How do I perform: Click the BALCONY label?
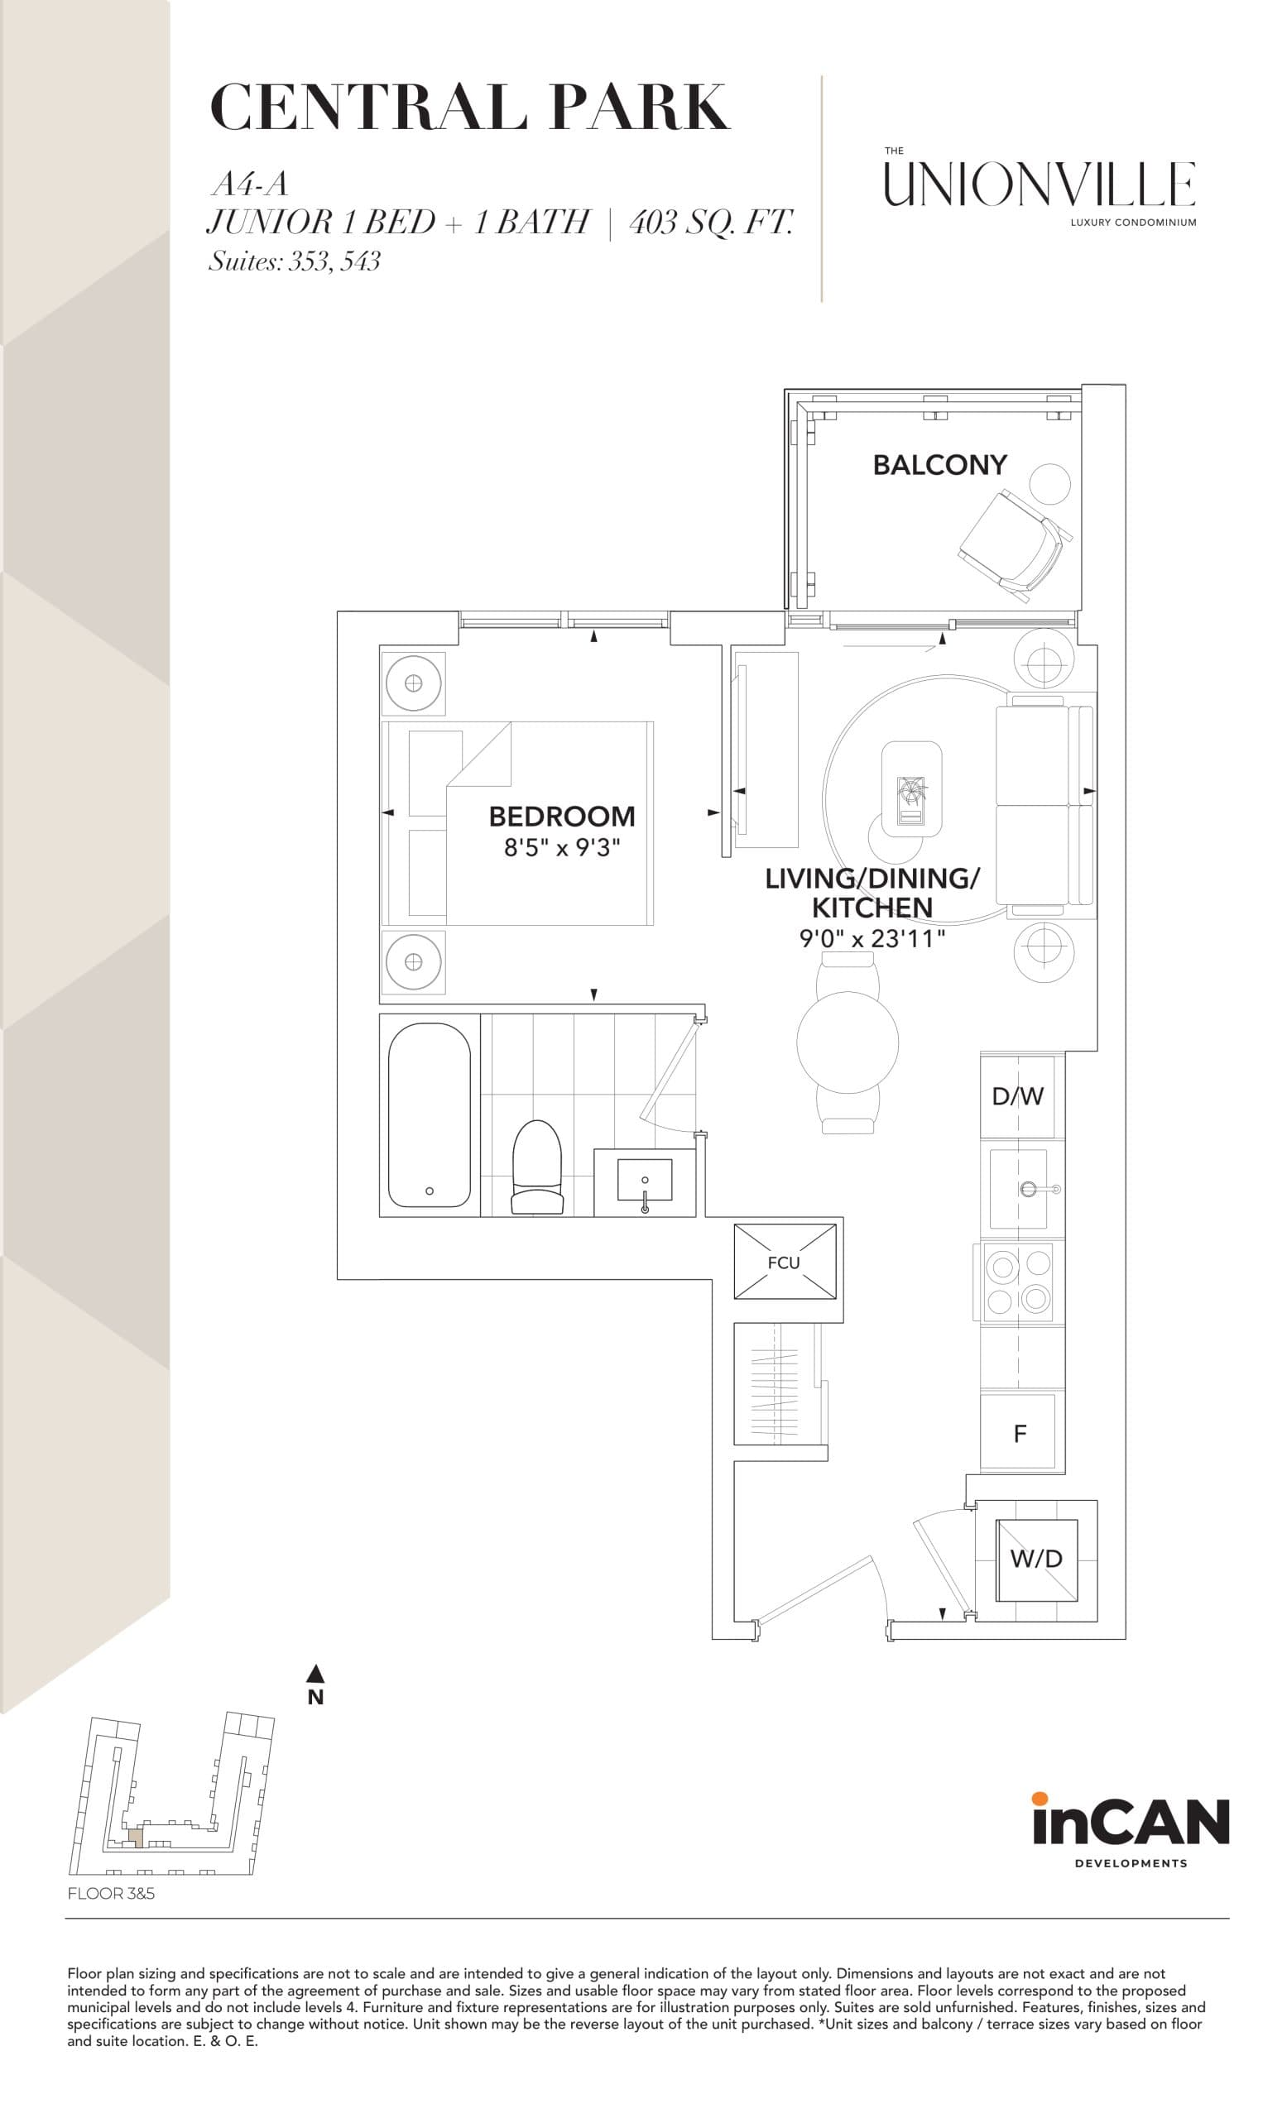pos(939,465)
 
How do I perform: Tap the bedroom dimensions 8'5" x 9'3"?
pos(561,847)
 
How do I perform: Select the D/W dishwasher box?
pos(1018,1096)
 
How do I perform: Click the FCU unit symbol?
pos(784,1261)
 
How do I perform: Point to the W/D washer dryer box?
pos(1036,1559)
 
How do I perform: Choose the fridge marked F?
pos(1020,1433)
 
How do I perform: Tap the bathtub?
pos(429,1115)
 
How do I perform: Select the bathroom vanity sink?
pos(645,1182)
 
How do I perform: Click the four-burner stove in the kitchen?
pos(1018,1281)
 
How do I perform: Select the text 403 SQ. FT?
pos(710,223)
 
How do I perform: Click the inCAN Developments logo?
pos(1130,1831)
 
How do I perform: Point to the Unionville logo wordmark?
pos(1040,184)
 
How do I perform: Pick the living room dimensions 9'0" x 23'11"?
pos(872,938)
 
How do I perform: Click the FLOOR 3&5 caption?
pos(111,1893)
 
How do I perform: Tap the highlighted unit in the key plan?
pos(135,1837)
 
